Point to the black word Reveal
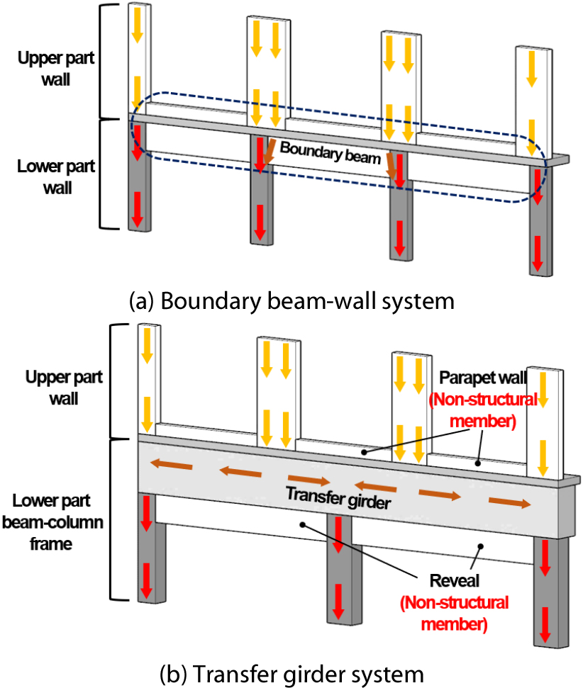(454, 581)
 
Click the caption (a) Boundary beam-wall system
(291, 301)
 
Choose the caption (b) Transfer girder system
(291, 672)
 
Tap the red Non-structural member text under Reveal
(454, 614)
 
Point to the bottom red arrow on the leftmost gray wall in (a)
(137, 207)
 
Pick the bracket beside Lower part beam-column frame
(113, 519)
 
